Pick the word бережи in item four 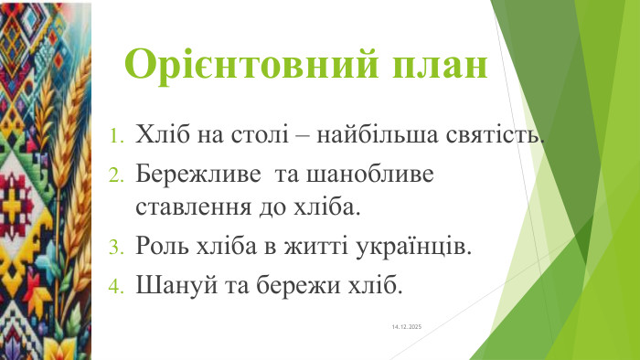pos(298,285)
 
